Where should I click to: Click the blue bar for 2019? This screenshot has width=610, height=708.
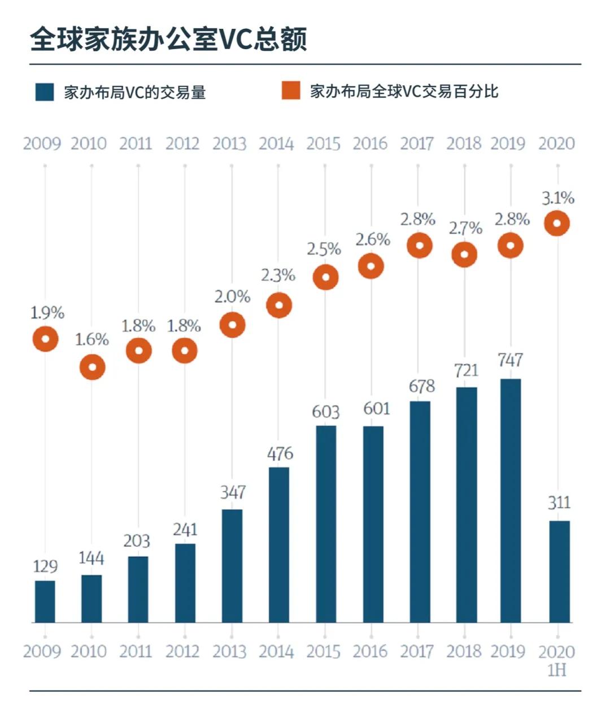tap(511, 500)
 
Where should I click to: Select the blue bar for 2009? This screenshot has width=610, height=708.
tap(45, 601)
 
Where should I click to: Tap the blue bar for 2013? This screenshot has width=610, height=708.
tap(232, 566)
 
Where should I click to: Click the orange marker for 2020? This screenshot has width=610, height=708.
tap(557, 224)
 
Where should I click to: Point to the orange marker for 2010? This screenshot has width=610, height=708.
tap(93, 368)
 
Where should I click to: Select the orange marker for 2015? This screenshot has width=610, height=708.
tap(325, 278)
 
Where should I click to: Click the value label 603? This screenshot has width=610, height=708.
tap(326, 412)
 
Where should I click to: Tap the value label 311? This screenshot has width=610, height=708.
tap(559, 502)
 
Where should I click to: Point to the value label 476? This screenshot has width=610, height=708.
tap(280, 454)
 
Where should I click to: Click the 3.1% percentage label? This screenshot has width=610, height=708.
tap(558, 198)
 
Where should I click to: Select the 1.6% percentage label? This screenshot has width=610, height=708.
tap(92, 340)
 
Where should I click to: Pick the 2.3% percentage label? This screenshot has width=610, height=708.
tap(278, 276)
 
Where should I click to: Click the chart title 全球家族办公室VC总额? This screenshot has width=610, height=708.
tap(168, 40)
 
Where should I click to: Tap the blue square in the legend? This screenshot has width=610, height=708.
tap(45, 92)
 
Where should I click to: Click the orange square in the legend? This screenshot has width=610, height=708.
tap(291, 90)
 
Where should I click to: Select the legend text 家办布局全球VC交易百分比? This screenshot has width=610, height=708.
tap(404, 91)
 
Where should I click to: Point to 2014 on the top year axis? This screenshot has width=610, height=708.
tap(276, 144)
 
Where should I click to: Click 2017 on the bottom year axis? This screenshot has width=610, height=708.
tap(417, 652)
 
